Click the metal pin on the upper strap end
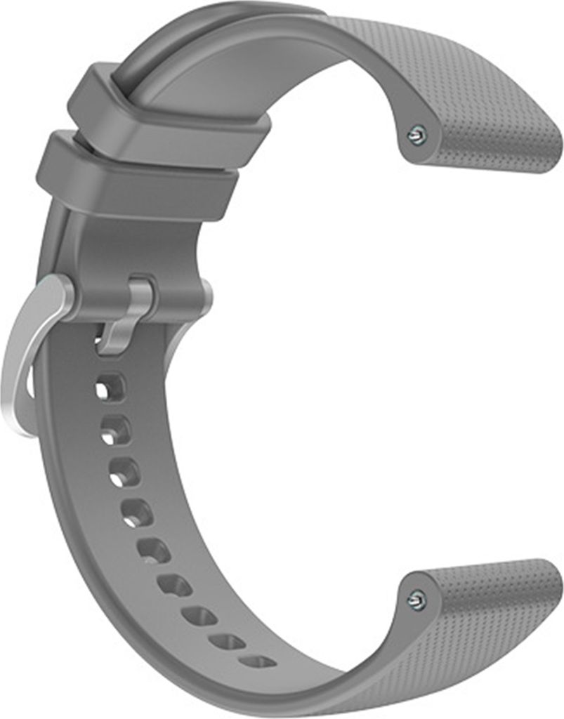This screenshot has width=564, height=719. click(x=417, y=135)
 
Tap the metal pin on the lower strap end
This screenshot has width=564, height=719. click(x=417, y=599)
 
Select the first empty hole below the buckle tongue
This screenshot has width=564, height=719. click(x=110, y=387)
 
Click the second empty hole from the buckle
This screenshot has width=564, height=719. click(x=116, y=430)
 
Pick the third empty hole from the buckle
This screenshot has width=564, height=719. click(x=125, y=472)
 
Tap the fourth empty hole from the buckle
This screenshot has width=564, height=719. click(x=138, y=513)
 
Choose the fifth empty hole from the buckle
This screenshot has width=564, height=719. click(x=154, y=550)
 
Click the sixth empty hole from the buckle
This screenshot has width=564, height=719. click(x=175, y=584)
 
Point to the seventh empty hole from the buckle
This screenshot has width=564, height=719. click(x=200, y=616)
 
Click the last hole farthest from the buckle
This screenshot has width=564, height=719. click(x=258, y=661)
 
